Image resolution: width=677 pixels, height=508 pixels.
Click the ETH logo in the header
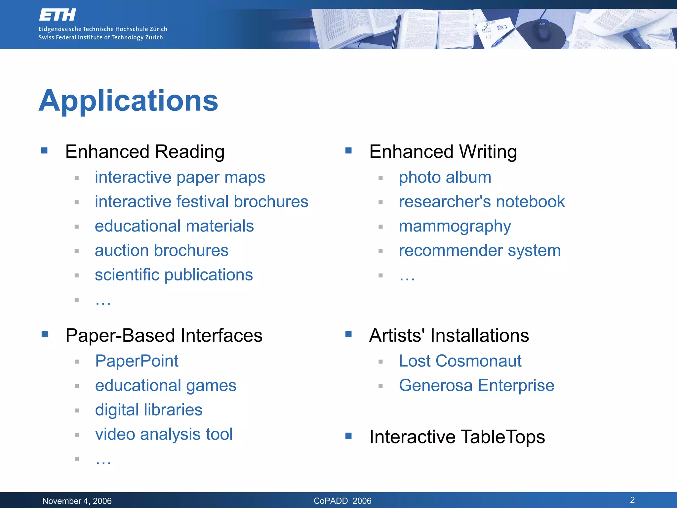(x=58, y=15)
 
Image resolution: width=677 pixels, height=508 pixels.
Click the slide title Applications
(x=128, y=101)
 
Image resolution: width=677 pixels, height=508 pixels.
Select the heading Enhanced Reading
(x=145, y=152)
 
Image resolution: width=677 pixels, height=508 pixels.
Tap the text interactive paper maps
(x=180, y=177)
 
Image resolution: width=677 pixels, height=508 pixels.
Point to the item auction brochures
(x=161, y=250)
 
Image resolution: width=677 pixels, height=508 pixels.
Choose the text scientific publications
(x=174, y=275)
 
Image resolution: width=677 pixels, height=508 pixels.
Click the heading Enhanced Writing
(x=443, y=152)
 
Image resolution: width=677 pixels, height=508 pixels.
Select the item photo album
(x=445, y=177)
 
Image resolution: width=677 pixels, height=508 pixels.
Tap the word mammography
(x=455, y=227)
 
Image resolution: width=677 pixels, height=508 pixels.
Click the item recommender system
(x=479, y=250)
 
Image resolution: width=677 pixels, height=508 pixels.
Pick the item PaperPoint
(x=137, y=361)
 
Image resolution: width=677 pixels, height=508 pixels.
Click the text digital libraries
(x=148, y=410)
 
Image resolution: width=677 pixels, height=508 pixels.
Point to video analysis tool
(x=164, y=434)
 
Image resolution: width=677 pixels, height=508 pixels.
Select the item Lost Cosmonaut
(x=460, y=361)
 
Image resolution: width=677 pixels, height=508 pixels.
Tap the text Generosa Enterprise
(x=476, y=385)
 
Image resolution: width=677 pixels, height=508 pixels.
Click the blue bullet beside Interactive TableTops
(x=348, y=436)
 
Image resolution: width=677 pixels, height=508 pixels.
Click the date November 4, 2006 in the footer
(x=77, y=501)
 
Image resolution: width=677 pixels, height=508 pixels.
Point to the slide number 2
(x=632, y=500)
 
